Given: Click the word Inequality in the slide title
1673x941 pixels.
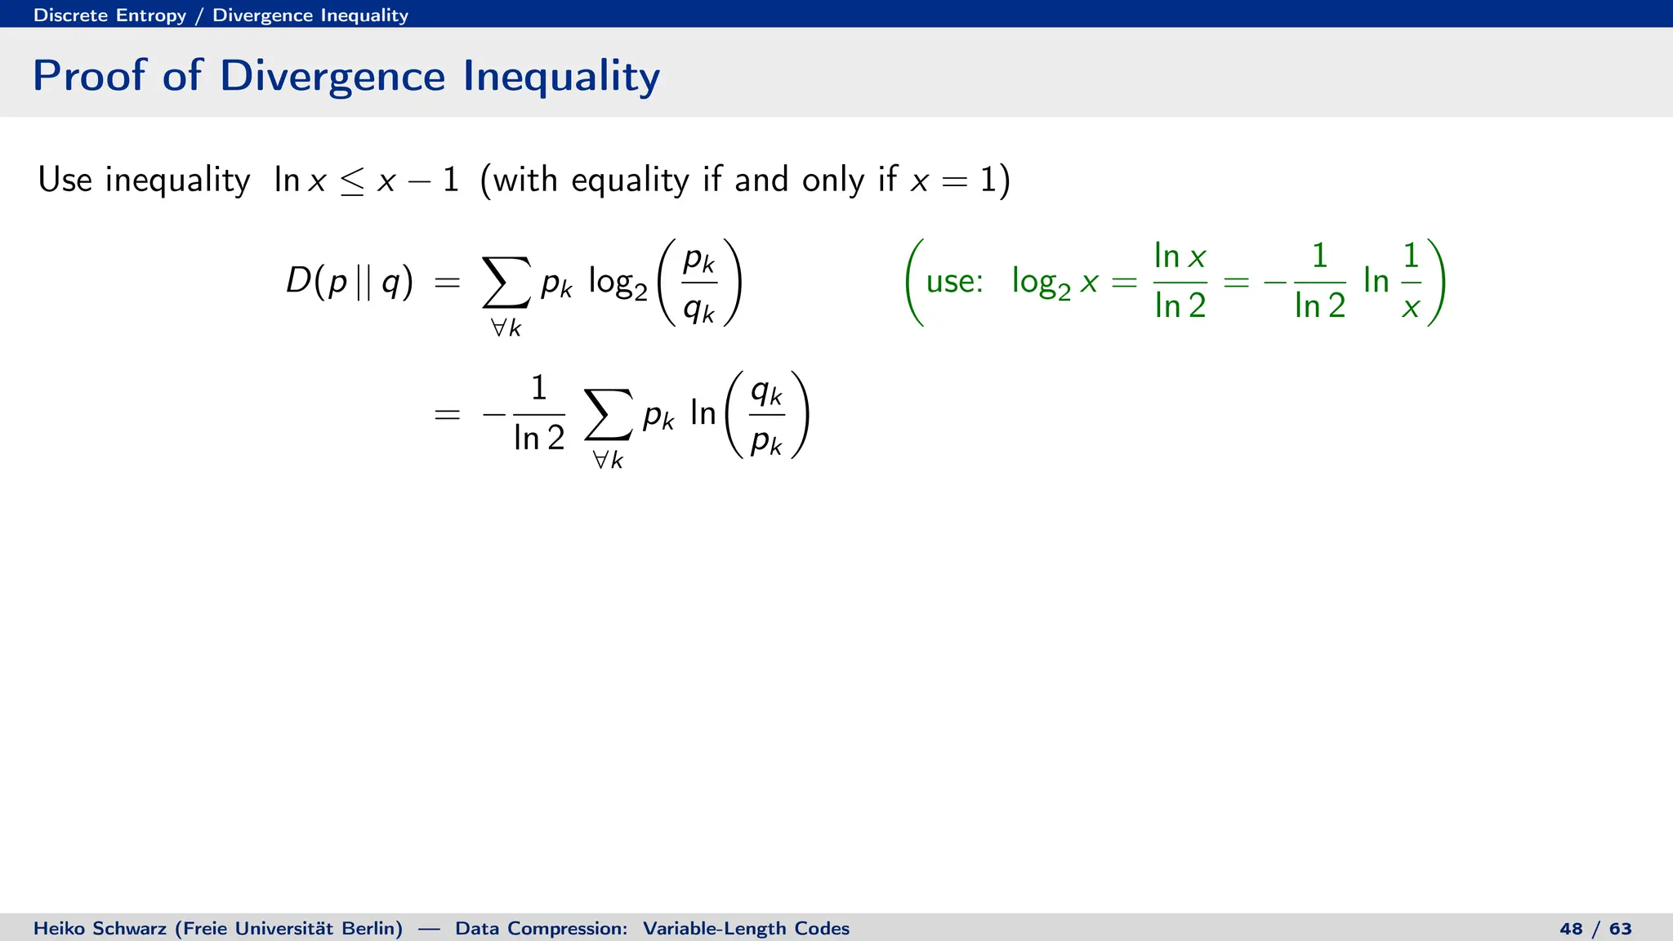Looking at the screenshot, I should pos(561,76).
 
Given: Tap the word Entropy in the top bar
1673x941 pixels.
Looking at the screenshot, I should pos(151,15).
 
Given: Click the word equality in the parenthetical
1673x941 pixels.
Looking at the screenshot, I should pos(630,180).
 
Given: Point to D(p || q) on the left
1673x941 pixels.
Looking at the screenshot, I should pos(349,282).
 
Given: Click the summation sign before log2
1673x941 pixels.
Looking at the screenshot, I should pos(506,283).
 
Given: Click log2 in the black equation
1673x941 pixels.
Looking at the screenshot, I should pos(618,283).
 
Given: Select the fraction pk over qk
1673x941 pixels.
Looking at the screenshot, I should pos(699,283).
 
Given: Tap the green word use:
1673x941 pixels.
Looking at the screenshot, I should pos(954,282).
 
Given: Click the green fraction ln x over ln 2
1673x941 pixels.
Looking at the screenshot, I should pos(1180,282).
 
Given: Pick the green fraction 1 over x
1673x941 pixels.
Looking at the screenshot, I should pos(1411,282).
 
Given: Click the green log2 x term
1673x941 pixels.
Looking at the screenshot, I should pos(1055,283).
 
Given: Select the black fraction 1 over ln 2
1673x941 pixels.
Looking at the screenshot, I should pos(538,414).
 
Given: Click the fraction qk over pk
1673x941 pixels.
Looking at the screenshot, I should pos(766,415).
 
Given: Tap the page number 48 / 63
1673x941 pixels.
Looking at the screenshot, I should pos(1595,929).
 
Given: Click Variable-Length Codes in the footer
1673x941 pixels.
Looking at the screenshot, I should pos(745,929).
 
